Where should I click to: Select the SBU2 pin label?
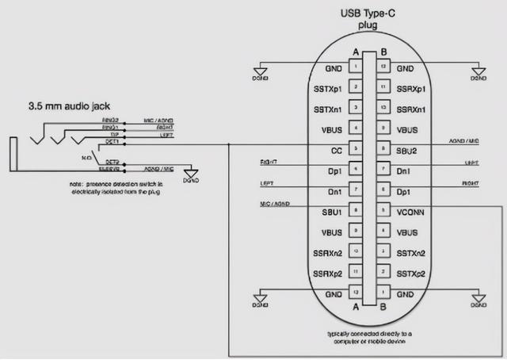pos(406,150)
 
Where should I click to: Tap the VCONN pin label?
pos(410,212)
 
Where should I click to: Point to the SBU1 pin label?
pos(332,212)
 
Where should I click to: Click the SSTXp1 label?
pos(329,88)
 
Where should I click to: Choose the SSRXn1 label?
pos(412,109)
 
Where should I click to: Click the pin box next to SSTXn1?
pos(356,109)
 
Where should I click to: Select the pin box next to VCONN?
pos(383,212)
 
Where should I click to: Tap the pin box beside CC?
pos(356,150)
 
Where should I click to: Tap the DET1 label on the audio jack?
pos(111,142)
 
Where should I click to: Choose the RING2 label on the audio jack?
pos(110,120)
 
